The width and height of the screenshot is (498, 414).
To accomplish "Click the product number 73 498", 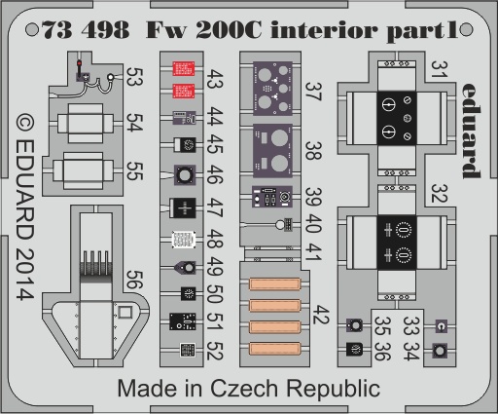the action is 86,30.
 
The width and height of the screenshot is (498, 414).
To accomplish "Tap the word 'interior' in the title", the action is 324,30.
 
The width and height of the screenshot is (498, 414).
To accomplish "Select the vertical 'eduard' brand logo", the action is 471,131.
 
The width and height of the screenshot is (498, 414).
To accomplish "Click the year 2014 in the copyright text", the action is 25,275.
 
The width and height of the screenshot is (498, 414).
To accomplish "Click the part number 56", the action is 134,280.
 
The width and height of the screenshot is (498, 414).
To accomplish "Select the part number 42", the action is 321,315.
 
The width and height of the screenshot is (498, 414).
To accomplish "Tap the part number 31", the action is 440,69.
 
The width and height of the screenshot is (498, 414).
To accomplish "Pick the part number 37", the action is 313,92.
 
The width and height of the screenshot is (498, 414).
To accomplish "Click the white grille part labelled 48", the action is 184,240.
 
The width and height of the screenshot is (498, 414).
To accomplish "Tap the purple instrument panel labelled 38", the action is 272,151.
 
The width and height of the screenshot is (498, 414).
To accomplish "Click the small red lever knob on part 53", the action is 80,63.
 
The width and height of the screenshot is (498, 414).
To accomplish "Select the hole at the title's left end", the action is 32,30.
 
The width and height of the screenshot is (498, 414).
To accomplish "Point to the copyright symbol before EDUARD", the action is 25,124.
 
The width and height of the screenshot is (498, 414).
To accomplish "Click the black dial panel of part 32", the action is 397,243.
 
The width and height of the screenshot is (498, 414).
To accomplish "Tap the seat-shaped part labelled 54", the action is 86,123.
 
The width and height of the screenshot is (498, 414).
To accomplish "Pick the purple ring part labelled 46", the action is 185,175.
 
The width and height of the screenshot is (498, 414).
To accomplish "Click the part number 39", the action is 313,197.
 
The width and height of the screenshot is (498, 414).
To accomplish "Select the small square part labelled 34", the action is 440,351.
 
